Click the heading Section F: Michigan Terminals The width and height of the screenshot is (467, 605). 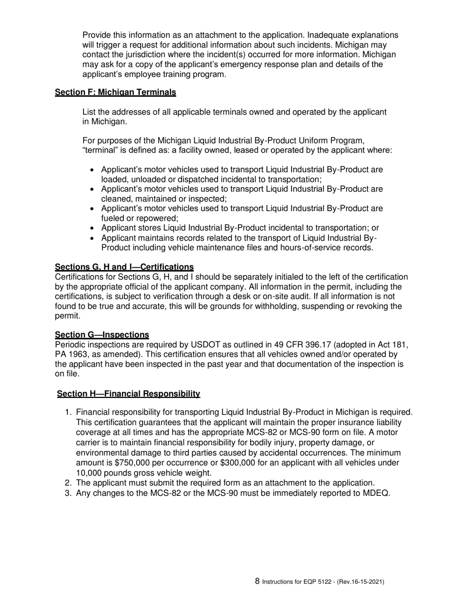click(x=116, y=92)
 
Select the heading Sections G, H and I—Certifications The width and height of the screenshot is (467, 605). click(x=124, y=267)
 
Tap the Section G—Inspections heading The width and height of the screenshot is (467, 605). click(x=102, y=335)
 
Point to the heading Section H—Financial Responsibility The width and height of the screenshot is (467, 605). click(x=128, y=393)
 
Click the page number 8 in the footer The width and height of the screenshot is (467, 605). click(x=258, y=581)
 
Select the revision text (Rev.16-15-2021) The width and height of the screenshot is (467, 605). click(x=360, y=582)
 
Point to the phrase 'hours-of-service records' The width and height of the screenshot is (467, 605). click(x=326, y=247)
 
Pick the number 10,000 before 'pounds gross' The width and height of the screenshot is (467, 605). click(x=90, y=473)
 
